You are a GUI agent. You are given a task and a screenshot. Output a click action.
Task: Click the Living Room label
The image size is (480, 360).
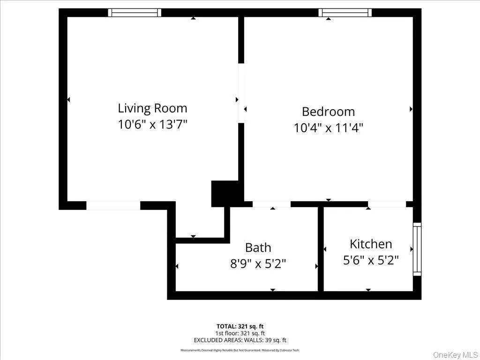click(152, 108)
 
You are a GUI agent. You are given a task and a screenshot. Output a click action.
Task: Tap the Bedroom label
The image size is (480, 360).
click(328, 112)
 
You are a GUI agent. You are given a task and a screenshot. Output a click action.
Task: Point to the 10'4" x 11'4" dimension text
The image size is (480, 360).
click(328, 127)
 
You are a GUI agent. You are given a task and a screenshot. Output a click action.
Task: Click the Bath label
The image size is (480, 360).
click(258, 247)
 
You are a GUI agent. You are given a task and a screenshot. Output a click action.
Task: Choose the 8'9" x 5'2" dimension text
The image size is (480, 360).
click(258, 263)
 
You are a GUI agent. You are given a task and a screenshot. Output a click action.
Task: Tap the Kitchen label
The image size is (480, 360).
click(371, 244)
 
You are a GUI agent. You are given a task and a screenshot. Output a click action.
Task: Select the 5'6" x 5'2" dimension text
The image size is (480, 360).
click(371, 260)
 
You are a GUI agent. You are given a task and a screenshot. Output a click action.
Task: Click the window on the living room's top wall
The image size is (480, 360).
click(135, 13)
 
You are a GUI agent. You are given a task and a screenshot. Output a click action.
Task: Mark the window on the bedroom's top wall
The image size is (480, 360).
click(345, 13)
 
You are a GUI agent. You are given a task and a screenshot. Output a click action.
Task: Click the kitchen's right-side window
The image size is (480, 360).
click(416, 249)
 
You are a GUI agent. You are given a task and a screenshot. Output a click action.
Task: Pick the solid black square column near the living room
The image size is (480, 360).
click(225, 193)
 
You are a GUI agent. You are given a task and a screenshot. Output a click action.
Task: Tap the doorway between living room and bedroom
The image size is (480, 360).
click(241, 93)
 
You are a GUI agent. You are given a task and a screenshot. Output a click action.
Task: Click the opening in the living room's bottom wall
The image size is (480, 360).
click(113, 205)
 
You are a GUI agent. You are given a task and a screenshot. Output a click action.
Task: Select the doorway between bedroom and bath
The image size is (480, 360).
click(271, 204)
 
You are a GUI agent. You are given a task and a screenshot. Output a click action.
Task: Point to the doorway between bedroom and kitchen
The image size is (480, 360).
click(386, 204)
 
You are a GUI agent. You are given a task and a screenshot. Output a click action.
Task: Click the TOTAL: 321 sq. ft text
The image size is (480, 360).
click(240, 326)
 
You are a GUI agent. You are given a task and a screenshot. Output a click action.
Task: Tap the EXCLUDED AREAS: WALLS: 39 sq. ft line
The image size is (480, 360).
click(240, 340)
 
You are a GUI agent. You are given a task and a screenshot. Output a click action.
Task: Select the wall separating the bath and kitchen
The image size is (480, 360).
click(321, 249)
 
